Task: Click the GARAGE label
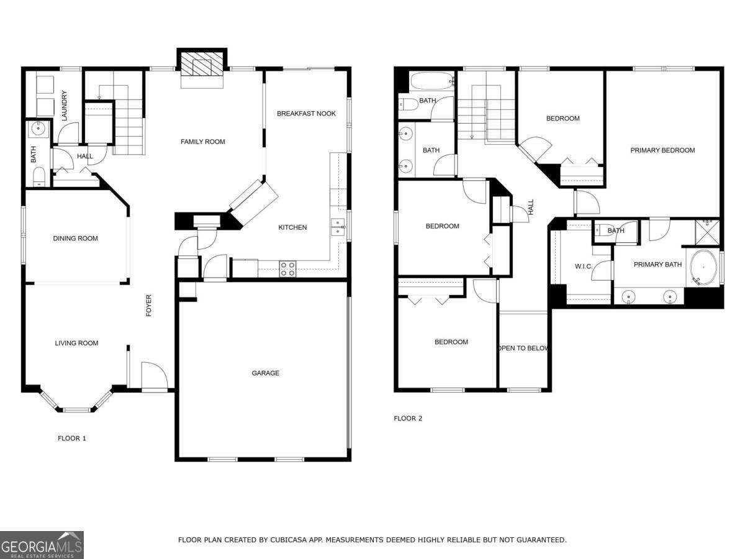[x=265, y=373]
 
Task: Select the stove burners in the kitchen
[x=288, y=268]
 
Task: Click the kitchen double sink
[x=338, y=227]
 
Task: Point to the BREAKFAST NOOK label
[x=306, y=114]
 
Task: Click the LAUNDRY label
[x=64, y=106]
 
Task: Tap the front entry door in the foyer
[x=155, y=376]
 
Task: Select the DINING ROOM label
[x=75, y=239]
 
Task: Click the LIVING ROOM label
[x=76, y=343]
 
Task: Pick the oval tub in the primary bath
[x=702, y=268]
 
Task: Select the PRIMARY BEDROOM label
[x=662, y=150]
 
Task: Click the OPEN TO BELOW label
[x=523, y=348]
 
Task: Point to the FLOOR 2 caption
[x=408, y=419]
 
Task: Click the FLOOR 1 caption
[x=72, y=439]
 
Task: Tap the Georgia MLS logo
[x=42, y=545]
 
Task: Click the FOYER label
[x=149, y=306]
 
